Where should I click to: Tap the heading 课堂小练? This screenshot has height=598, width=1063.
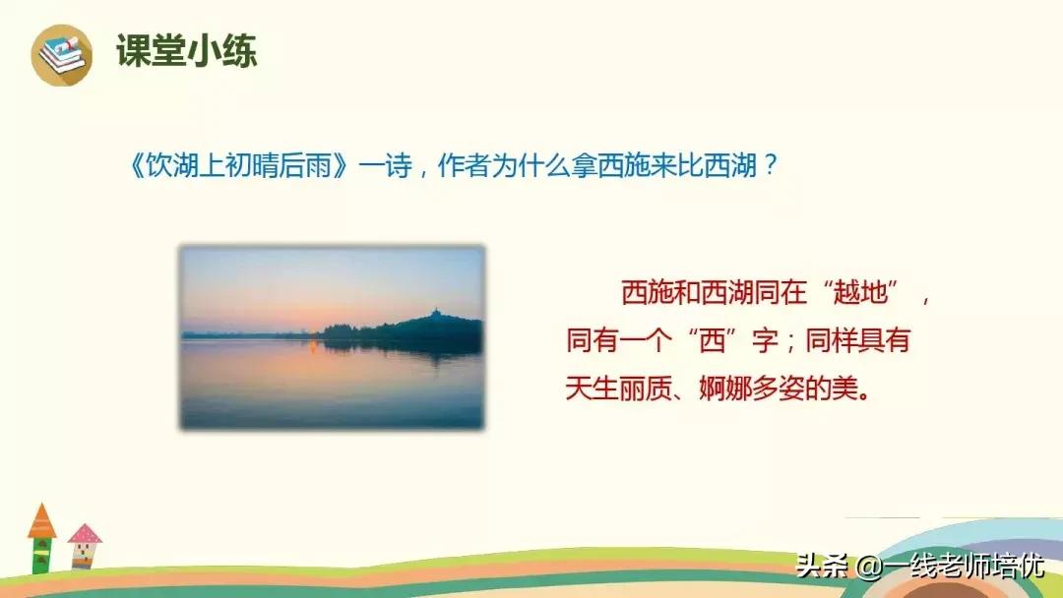(x=186, y=51)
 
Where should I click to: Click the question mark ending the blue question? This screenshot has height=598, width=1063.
(x=771, y=165)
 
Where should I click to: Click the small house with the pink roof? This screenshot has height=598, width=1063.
(x=84, y=547)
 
